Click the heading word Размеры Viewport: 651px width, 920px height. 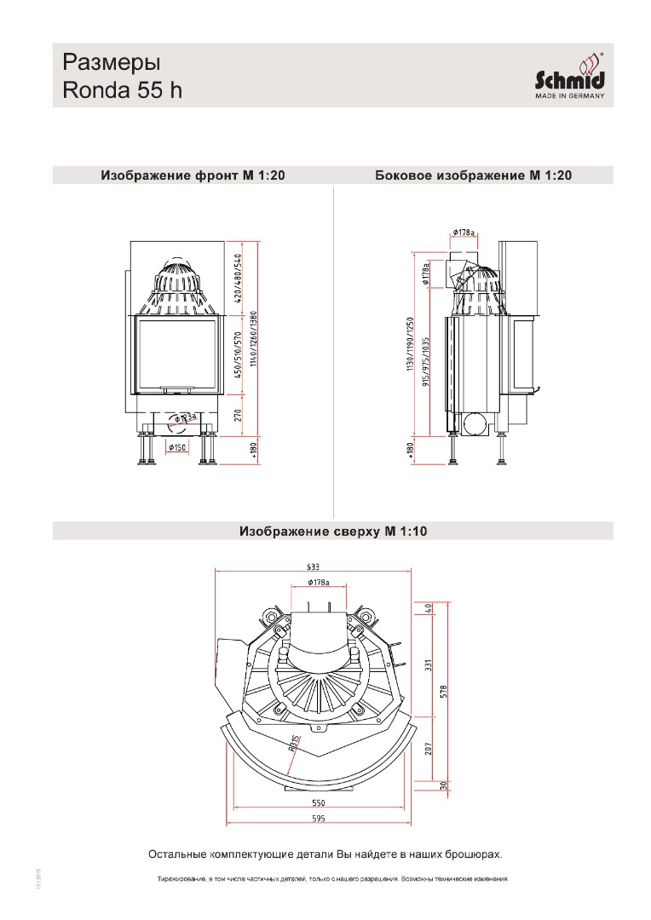112,63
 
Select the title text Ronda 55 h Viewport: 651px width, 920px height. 123,90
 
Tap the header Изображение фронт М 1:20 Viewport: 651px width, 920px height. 193,176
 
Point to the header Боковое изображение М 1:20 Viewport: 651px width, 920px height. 473,176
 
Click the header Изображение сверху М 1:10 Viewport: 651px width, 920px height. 333,532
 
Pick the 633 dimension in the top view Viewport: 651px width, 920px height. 312,567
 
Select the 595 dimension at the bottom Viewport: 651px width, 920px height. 318,818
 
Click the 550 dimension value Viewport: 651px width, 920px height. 318,803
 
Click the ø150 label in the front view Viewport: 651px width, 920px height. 178,447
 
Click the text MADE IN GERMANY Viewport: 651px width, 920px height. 569,96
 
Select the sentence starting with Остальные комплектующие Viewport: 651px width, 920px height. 325,853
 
